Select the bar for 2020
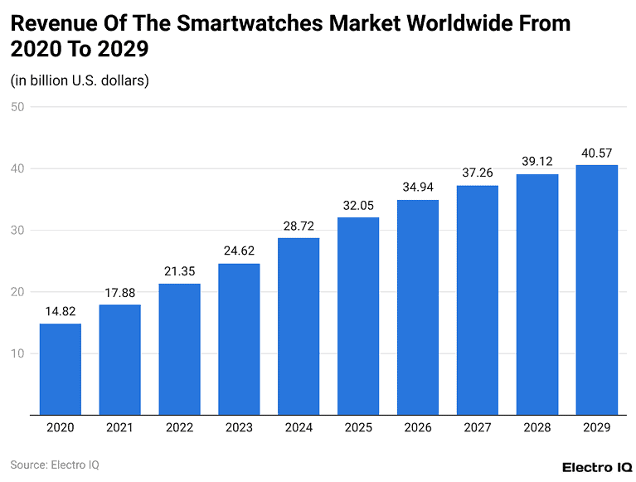click(x=61, y=368)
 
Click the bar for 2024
click(x=299, y=325)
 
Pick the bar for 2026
click(x=418, y=306)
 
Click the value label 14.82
click(x=61, y=312)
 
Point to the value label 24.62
click(x=239, y=251)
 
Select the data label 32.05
click(x=358, y=206)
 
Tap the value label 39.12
click(x=536, y=163)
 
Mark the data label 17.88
click(x=120, y=293)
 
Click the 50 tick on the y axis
click(x=17, y=107)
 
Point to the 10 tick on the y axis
click(x=17, y=353)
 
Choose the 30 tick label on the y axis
click(x=17, y=231)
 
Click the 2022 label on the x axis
click(x=179, y=427)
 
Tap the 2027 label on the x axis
click(x=477, y=427)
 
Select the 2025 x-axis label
click(x=358, y=427)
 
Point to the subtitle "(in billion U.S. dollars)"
click(x=80, y=80)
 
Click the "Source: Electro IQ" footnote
click(x=55, y=465)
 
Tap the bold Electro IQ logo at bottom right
click(x=597, y=466)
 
